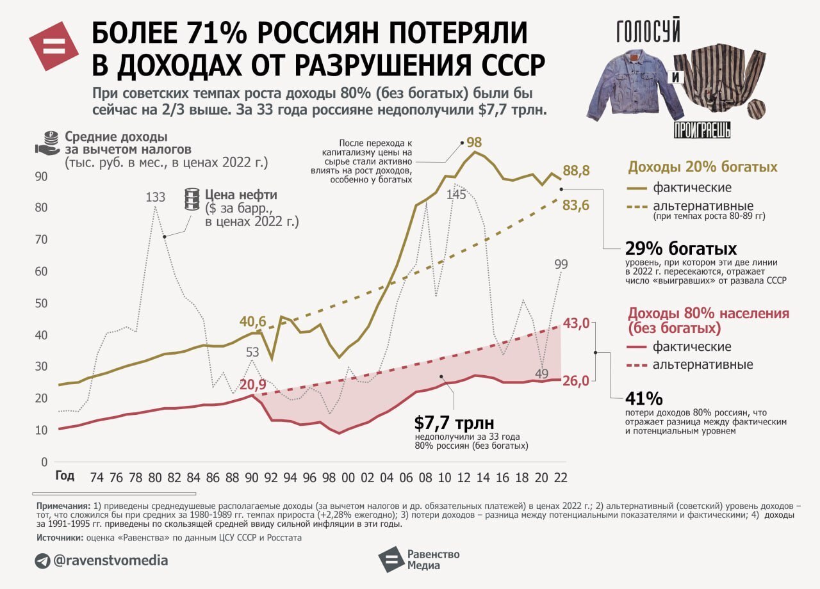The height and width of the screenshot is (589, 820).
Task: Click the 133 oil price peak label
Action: tap(156, 197)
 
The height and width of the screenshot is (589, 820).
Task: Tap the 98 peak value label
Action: tap(474, 142)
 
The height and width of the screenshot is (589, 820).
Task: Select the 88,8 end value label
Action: tap(577, 171)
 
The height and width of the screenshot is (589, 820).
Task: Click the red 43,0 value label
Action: tap(575, 323)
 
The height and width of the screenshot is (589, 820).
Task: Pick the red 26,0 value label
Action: tap(575, 380)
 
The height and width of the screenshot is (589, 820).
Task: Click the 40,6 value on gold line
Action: tap(252, 322)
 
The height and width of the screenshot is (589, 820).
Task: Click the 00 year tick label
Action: tap(348, 477)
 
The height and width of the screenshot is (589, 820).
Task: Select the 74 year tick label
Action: tap(97, 477)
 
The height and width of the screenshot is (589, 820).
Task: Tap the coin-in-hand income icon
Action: tap(49, 143)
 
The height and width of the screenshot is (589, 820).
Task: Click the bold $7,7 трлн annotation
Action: tap(454, 423)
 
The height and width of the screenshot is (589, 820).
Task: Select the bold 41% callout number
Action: tap(644, 399)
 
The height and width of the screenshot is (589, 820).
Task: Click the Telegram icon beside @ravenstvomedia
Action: tap(43, 561)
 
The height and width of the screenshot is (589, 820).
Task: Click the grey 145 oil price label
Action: tap(456, 195)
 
